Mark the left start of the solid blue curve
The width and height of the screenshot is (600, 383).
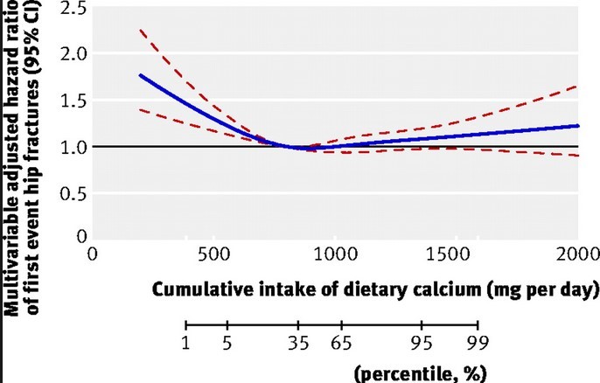click(x=140, y=75)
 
